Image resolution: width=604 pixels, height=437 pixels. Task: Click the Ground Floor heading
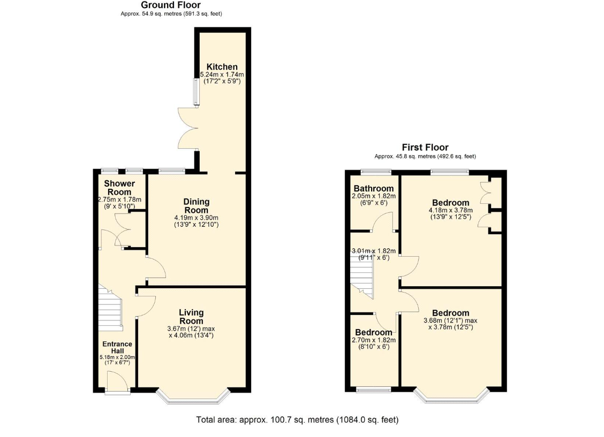(x=171, y=5)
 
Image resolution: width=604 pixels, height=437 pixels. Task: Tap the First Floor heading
(x=425, y=147)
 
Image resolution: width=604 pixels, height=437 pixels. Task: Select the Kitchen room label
(x=222, y=66)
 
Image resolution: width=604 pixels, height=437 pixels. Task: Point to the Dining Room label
(x=197, y=206)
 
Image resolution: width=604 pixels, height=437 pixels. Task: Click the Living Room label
(x=192, y=317)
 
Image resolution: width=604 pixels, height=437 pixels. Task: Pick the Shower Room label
(x=119, y=188)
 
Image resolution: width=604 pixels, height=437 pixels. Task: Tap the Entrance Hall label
(x=117, y=347)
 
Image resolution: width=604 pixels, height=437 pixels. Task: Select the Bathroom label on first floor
(x=374, y=188)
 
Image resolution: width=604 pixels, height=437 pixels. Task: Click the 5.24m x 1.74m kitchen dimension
(x=222, y=75)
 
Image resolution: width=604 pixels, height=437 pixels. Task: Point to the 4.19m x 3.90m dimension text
(x=197, y=218)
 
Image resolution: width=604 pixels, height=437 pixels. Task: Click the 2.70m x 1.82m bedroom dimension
(x=374, y=340)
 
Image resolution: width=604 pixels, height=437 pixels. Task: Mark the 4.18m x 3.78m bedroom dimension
(x=451, y=210)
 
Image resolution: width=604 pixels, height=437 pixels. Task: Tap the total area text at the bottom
(x=297, y=420)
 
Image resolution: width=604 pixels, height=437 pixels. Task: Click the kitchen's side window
(x=197, y=92)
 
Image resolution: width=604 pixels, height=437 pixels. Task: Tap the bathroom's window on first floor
(x=376, y=172)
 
